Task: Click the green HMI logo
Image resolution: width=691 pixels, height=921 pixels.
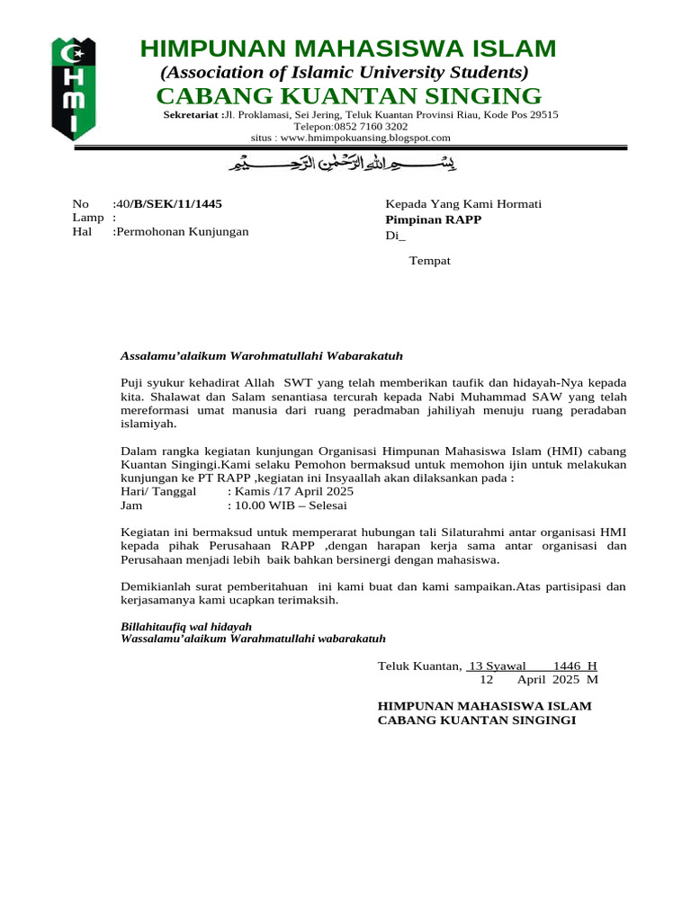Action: [x=73, y=88]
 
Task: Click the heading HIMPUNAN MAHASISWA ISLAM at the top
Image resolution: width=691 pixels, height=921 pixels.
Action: [x=348, y=49]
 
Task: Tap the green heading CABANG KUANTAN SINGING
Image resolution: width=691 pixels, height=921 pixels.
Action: [x=348, y=96]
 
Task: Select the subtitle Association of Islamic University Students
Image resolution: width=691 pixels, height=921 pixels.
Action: [x=344, y=72]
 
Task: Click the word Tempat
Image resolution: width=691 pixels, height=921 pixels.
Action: [x=430, y=261]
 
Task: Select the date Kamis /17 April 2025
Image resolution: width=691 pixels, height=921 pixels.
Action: [x=293, y=491]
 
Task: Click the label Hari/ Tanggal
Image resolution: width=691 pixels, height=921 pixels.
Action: [x=157, y=491]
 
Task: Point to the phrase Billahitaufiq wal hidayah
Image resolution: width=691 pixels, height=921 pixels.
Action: [x=186, y=626]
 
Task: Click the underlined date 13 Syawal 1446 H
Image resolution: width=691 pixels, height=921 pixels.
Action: [x=532, y=666]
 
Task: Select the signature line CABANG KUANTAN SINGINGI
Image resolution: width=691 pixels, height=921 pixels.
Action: [x=476, y=720]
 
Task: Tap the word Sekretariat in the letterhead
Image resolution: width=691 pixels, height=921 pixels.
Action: [x=192, y=115]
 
